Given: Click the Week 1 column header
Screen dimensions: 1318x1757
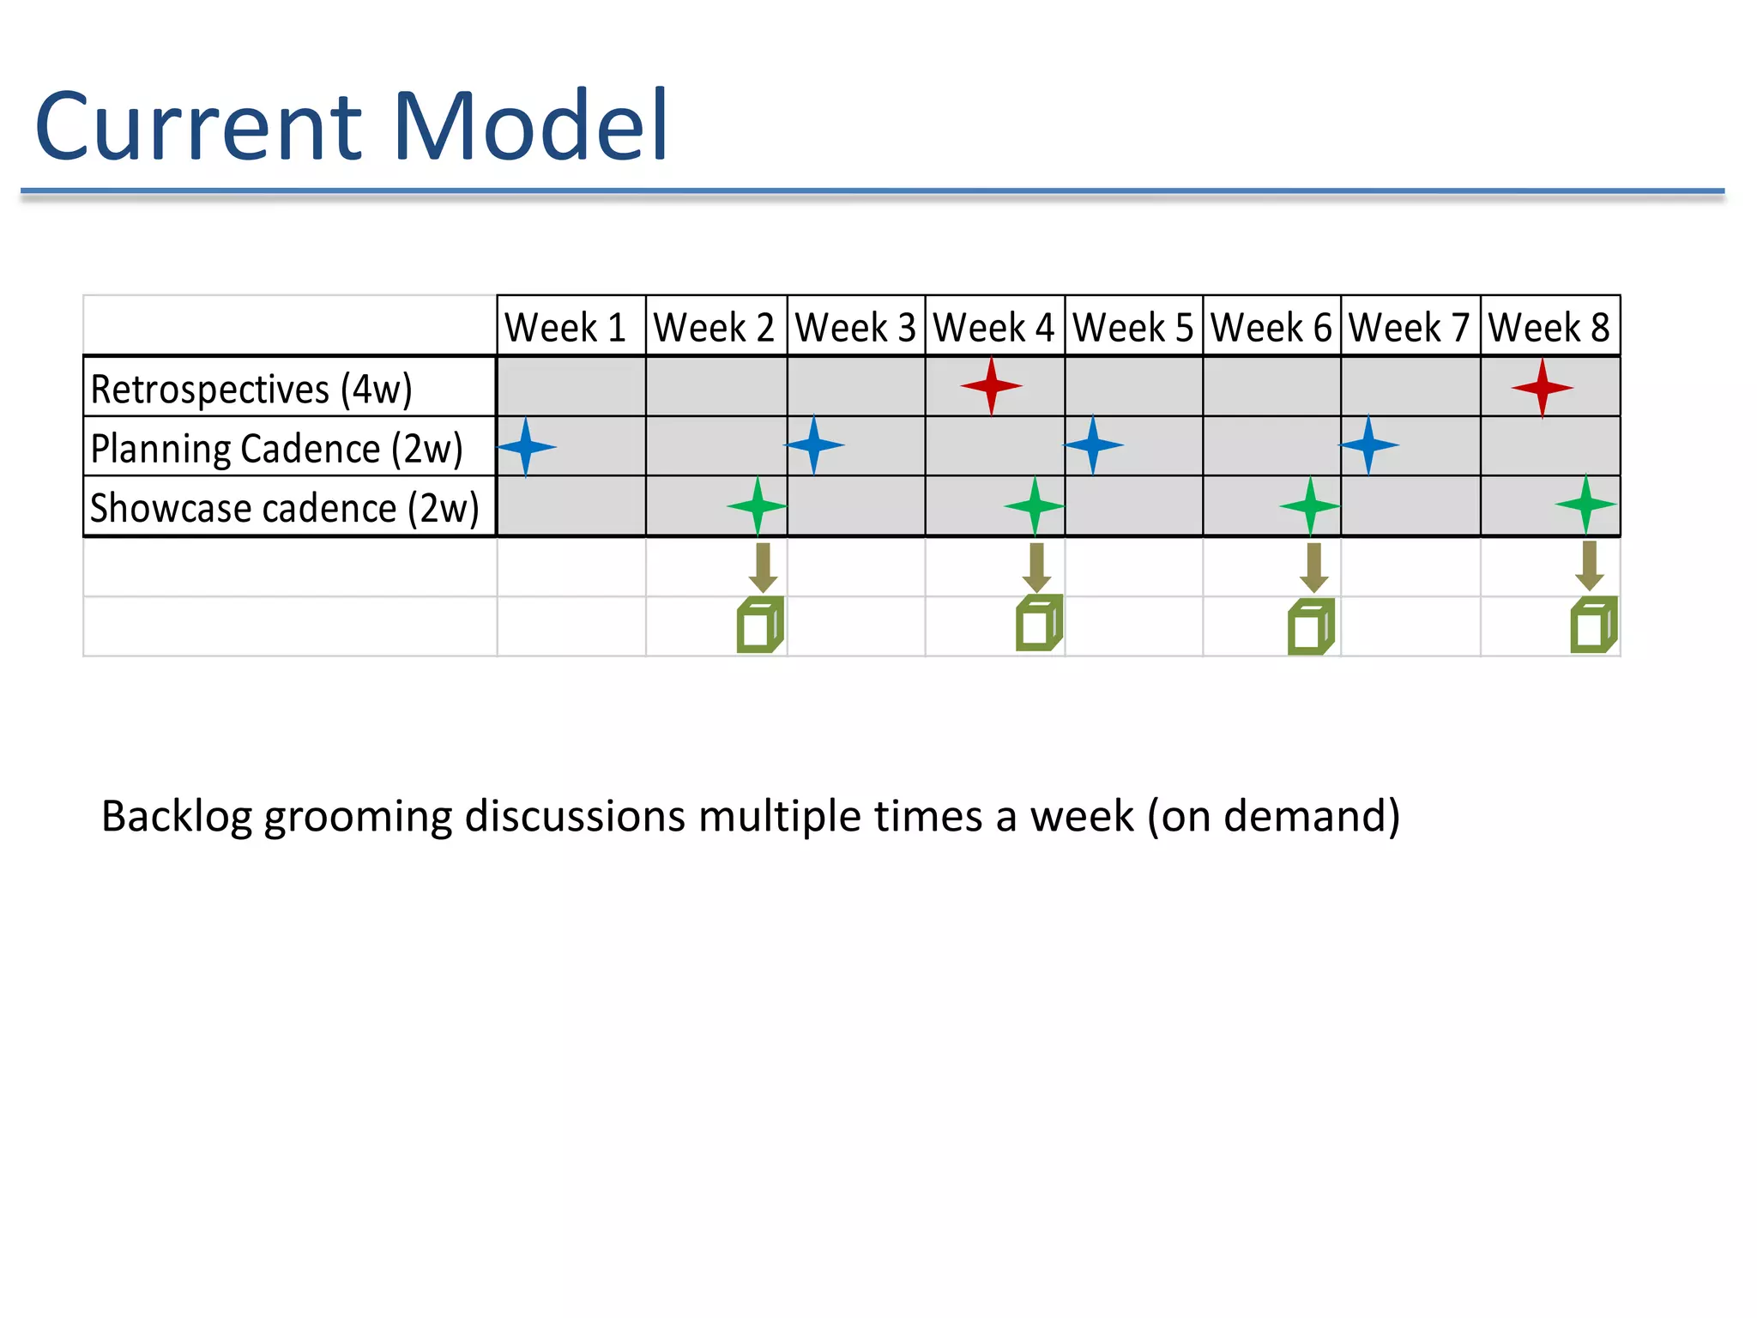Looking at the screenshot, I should (565, 328).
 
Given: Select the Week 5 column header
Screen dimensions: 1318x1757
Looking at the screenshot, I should (1132, 328).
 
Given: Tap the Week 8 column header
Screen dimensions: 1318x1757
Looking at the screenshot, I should (1549, 328).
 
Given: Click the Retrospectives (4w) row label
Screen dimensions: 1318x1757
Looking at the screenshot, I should (251, 389).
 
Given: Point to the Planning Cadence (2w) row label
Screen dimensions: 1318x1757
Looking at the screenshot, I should (276, 449).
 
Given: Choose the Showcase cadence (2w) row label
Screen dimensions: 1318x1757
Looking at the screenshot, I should (284, 508).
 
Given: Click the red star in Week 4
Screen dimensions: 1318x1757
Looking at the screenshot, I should (992, 386).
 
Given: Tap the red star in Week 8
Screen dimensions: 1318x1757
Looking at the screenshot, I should (1542, 388).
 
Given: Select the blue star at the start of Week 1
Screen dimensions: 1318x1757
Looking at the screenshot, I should (526, 446).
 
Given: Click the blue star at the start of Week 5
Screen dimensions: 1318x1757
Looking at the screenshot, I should (1093, 444).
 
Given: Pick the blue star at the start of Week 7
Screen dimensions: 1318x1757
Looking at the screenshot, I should (1368, 444).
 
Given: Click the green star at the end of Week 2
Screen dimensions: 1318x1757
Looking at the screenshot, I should (757, 506).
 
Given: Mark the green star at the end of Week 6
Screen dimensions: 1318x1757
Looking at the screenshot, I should (1310, 506).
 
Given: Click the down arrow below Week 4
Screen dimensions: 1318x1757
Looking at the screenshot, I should (1037, 567).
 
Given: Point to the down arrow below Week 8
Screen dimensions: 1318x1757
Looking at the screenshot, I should (1590, 565).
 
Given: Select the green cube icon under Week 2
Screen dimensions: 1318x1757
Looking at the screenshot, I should (760, 626).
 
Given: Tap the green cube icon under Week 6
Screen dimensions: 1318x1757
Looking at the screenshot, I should (1311, 627).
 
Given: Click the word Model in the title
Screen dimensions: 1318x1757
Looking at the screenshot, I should (530, 126).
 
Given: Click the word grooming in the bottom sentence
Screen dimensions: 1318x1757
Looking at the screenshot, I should (357, 816).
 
